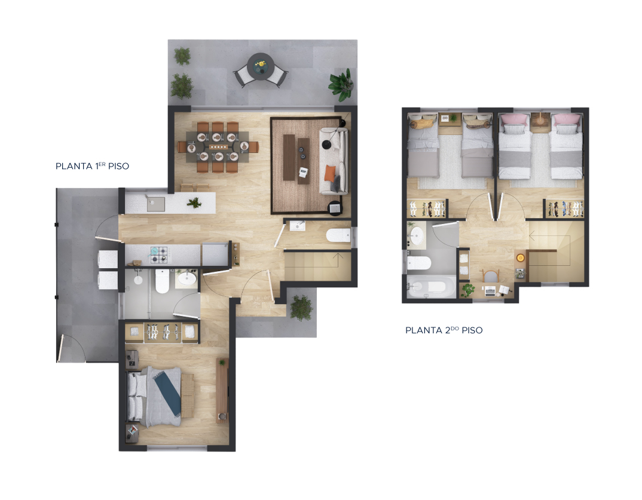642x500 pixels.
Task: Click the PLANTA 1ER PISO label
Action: [x=92, y=166]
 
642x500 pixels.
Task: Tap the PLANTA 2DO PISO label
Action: [x=444, y=330]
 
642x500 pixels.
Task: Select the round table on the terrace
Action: [x=261, y=65]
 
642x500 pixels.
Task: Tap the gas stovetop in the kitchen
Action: [x=158, y=254]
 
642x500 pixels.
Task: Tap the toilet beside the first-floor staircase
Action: [x=338, y=236]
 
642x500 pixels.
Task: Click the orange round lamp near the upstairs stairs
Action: [x=520, y=257]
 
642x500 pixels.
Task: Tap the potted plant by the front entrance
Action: [x=301, y=307]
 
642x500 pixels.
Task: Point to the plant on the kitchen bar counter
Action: [x=194, y=203]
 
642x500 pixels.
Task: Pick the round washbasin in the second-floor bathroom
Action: [x=416, y=237]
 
